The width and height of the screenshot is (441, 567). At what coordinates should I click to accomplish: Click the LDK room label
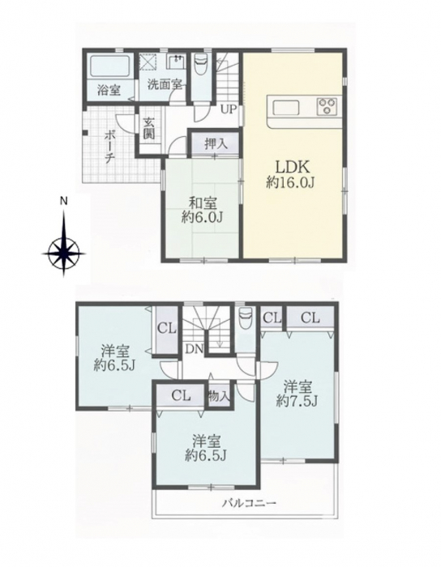[x=293, y=167]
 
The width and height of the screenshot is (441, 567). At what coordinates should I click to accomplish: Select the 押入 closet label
[x=216, y=144]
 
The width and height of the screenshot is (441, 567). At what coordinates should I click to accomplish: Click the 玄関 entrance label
[x=148, y=128]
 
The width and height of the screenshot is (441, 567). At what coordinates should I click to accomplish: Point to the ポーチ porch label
[x=109, y=147]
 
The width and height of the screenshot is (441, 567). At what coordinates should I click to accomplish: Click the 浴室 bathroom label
[x=109, y=90]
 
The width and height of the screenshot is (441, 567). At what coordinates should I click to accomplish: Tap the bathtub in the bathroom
[x=110, y=66]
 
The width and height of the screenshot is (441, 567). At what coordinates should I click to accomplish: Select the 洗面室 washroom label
[x=165, y=84]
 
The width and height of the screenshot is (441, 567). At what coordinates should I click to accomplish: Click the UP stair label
[x=229, y=109]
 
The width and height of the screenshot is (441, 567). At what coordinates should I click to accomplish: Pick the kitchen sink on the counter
[x=286, y=108]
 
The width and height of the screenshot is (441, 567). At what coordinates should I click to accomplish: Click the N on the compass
[x=64, y=202]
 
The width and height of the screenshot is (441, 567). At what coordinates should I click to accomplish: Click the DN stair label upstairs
[x=195, y=349]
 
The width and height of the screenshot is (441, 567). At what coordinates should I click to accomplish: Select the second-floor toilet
[x=245, y=317]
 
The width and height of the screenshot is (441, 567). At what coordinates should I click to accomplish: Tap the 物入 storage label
[x=219, y=396]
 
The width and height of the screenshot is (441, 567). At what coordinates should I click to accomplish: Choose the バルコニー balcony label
[x=249, y=503]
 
